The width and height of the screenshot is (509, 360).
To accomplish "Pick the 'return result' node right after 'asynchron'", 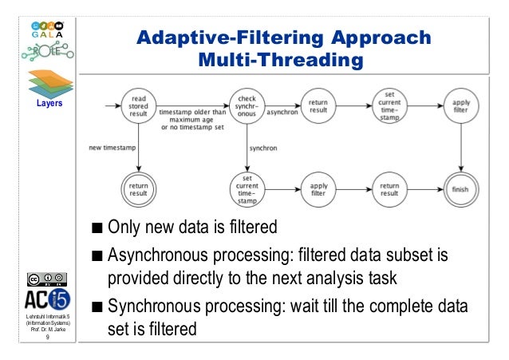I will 318,106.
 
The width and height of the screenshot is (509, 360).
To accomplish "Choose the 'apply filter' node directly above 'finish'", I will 461,106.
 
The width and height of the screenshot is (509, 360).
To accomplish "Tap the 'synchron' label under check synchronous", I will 264,148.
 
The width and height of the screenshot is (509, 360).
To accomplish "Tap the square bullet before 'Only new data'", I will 97,227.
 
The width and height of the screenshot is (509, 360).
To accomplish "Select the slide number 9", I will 47,337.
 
